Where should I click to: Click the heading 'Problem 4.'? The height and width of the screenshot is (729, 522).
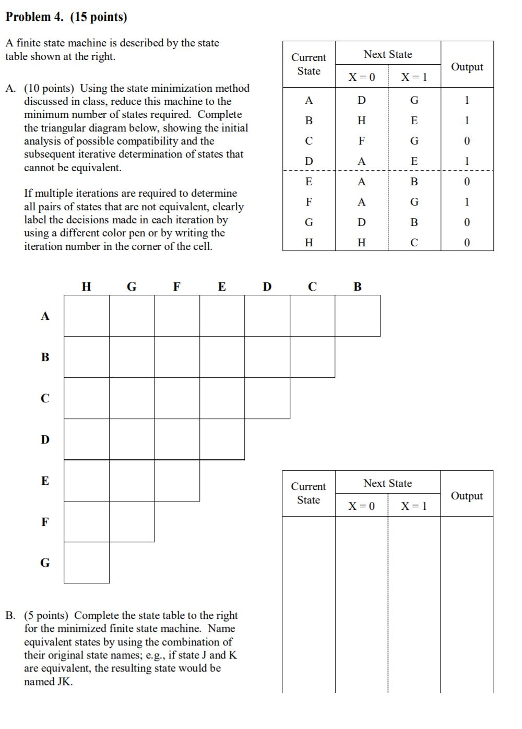(34, 17)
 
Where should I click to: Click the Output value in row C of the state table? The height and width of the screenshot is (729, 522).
(467, 141)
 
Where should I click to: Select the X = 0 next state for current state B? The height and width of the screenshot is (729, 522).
(361, 121)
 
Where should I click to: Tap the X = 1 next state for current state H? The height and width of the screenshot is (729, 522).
(414, 243)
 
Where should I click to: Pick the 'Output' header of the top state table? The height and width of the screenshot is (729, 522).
(467, 67)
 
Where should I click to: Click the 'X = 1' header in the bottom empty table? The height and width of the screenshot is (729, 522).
(414, 506)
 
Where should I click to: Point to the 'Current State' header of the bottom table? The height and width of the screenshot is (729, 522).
(309, 493)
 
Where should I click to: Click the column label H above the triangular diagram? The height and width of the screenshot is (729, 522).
(87, 286)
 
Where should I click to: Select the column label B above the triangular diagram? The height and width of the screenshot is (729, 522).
(358, 286)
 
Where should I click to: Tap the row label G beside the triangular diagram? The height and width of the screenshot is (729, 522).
(45, 563)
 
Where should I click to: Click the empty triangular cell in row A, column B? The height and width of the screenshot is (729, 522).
(358, 316)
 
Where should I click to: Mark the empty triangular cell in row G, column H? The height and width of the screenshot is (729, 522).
(87, 563)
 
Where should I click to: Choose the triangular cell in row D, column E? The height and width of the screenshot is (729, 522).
(222, 439)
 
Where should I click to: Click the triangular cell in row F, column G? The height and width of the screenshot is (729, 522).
(132, 521)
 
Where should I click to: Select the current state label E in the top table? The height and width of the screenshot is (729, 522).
(309, 182)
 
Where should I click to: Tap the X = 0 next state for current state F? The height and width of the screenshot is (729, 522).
(361, 202)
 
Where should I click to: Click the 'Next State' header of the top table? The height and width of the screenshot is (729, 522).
(388, 54)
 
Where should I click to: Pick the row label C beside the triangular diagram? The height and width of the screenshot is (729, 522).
(45, 398)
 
